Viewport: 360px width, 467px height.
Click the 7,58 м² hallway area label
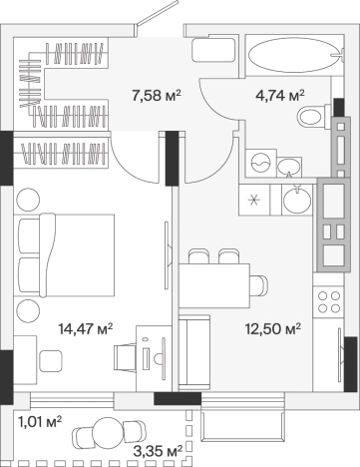point(157,96)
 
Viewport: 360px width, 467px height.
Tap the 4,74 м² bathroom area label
point(280,96)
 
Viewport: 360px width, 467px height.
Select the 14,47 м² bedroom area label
point(86,329)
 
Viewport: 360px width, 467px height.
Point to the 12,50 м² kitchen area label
point(273,329)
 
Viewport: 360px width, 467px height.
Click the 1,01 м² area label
point(40,422)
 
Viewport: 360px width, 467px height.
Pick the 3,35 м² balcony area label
point(158,451)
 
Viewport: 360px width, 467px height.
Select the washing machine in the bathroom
point(261,163)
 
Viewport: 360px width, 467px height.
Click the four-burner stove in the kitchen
point(329,301)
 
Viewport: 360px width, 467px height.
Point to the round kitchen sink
point(296,199)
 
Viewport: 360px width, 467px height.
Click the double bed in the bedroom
point(64,255)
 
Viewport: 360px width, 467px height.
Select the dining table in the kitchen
point(214,286)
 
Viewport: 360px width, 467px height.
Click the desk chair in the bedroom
point(125,357)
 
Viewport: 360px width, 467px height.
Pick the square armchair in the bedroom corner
point(51,361)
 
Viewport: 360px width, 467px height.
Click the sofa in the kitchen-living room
point(194,353)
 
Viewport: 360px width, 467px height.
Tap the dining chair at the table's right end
point(259,285)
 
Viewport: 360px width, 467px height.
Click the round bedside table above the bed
point(28,200)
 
